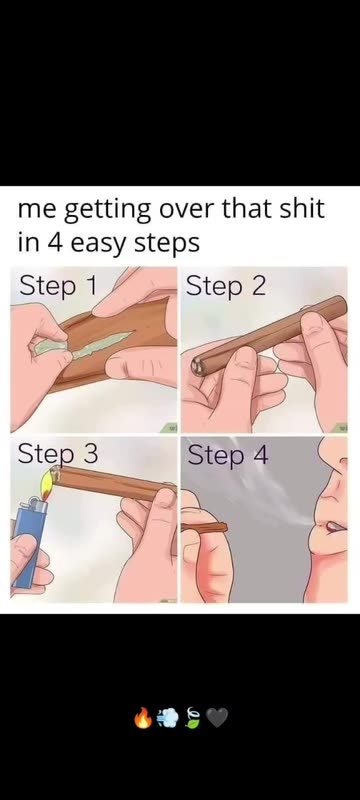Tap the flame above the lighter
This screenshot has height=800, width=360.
click(x=47, y=483)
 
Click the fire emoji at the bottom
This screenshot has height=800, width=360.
click(x=142, y=718)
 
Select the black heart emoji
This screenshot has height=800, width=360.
click(x=216, y=718)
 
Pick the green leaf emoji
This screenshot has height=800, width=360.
click(x=192, y=718)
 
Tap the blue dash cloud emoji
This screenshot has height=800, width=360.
click(x=168, y=718)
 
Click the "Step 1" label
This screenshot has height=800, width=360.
click(x=58, y=287)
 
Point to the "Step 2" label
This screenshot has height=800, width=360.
click(x=225, y=287)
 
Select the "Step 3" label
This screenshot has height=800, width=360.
click(x=58, y=455)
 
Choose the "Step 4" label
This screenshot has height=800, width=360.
click(x=227, y=455)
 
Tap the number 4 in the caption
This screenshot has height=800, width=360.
click(x=55, y=243)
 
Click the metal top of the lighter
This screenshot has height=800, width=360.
click(x=36, y=504)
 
